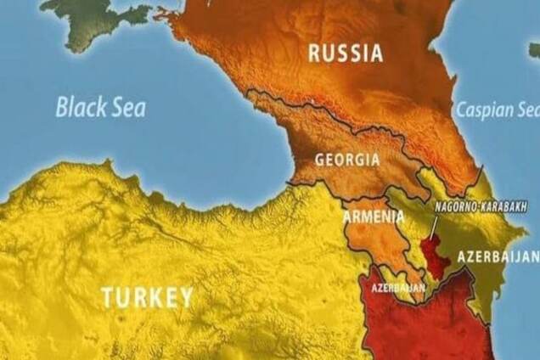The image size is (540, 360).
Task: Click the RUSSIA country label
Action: point(345,53)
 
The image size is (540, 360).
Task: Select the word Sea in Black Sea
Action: point(127,108)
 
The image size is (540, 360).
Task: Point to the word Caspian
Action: point(487,110)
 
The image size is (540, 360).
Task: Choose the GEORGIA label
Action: point(346,159)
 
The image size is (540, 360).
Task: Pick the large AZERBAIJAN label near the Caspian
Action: point(498,256)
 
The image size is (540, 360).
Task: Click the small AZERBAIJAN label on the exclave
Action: point(398,288)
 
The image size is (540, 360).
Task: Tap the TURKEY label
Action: point(147,297)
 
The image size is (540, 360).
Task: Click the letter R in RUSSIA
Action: point(314,53)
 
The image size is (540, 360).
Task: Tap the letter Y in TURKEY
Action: point(184,297)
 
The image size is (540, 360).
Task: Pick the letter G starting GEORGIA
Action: point(319,159)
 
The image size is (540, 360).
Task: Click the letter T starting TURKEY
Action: point(108,297)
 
